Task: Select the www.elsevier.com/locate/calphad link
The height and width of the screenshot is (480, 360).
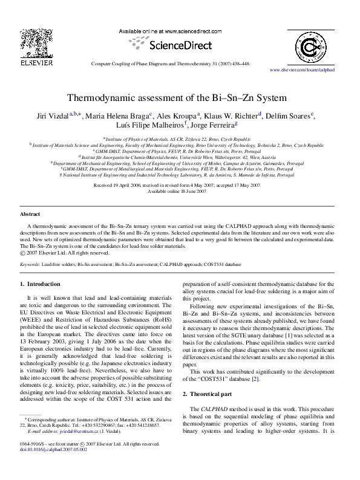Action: [x=302, y=70]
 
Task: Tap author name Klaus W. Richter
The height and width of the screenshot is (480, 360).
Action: [x=232, y=116]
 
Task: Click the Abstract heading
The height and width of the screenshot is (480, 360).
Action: [x=30, y=214]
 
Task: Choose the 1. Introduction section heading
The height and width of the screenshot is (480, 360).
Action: [x=41, y=284]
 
